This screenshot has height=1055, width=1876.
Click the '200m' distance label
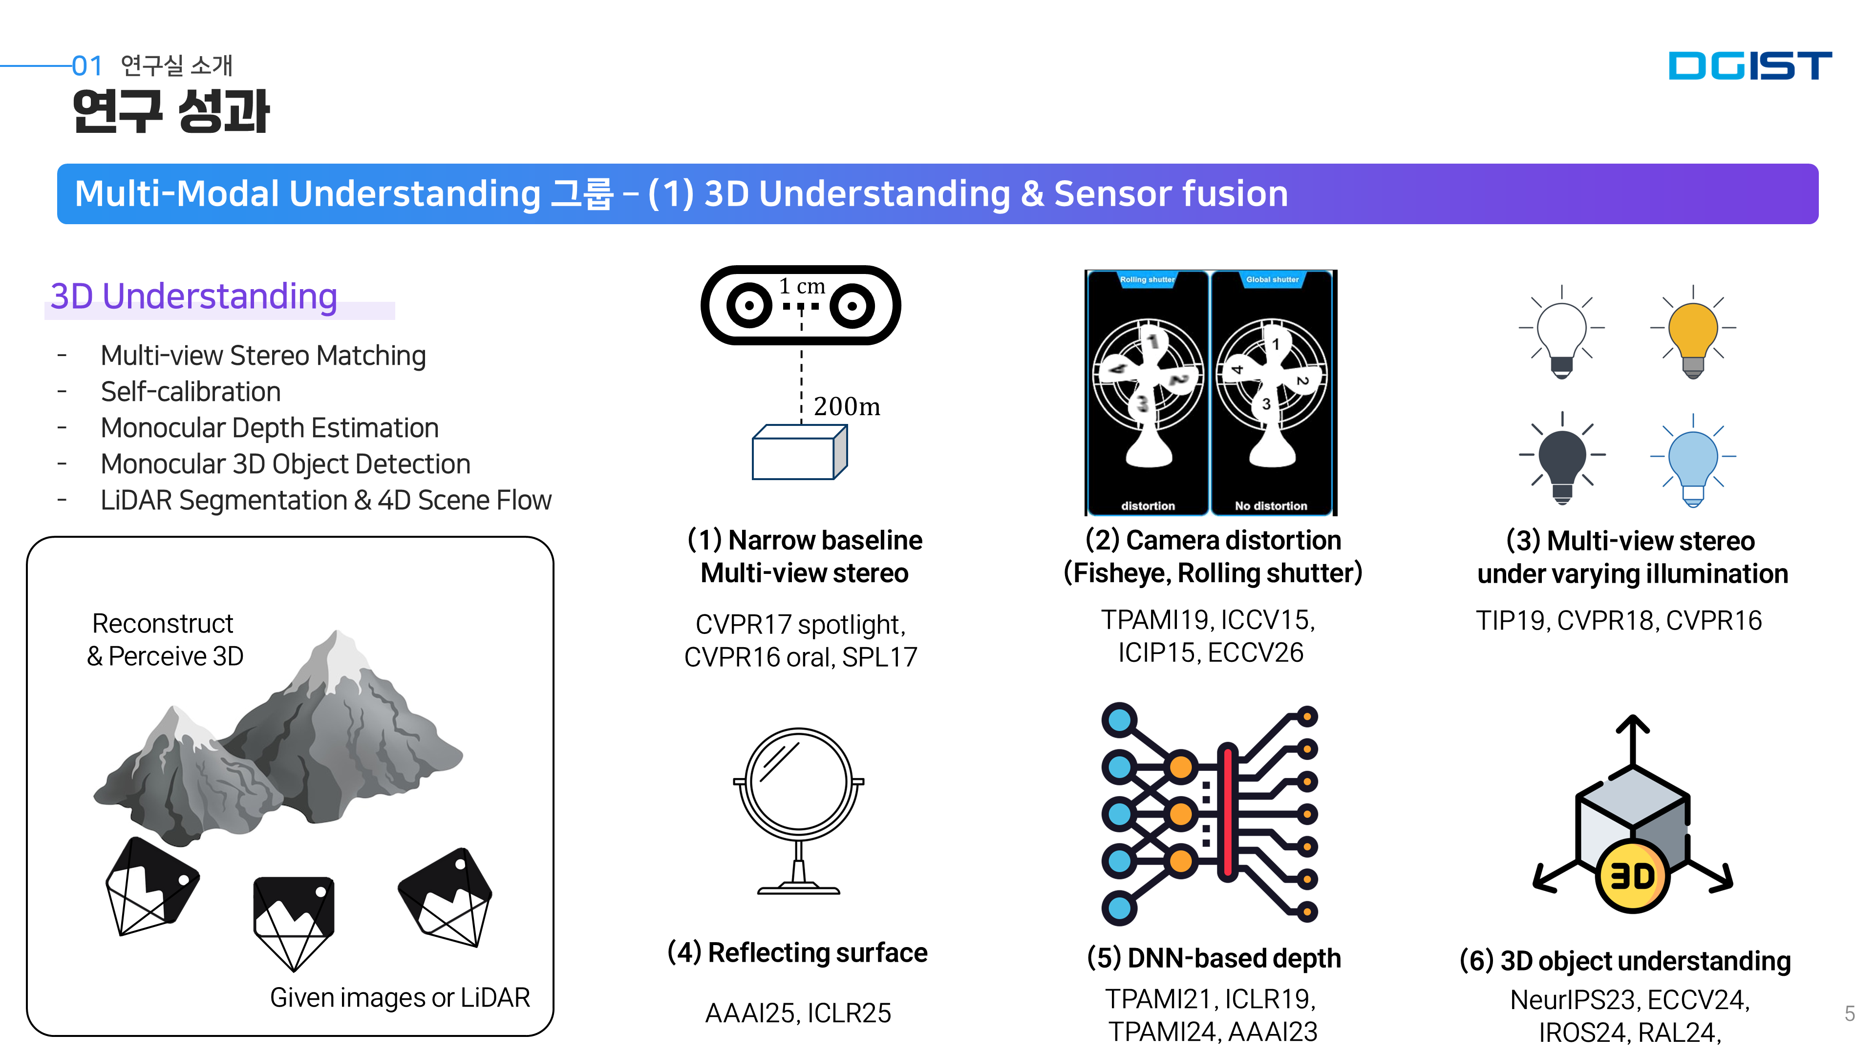point(846,406)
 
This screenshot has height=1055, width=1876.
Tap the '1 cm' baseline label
point(802,286)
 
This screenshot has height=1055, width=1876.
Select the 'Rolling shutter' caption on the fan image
point(1147,279)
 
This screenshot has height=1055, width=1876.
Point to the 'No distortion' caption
point(1271,506)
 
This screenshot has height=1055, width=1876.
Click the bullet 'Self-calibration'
point(191,392)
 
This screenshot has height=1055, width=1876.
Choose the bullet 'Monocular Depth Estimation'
point(270,428)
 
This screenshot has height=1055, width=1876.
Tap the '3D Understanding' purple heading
point(194,296)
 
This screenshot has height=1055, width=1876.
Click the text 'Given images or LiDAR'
point(400,997)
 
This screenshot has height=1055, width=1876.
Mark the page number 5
point(1849,1013)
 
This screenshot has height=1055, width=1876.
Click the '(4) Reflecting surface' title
point(797,953)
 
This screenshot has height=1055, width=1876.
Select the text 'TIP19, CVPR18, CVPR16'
point(1618,620)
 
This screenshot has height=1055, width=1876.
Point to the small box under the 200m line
point(799,453)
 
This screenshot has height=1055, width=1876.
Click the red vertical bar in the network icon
point(1228,811)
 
